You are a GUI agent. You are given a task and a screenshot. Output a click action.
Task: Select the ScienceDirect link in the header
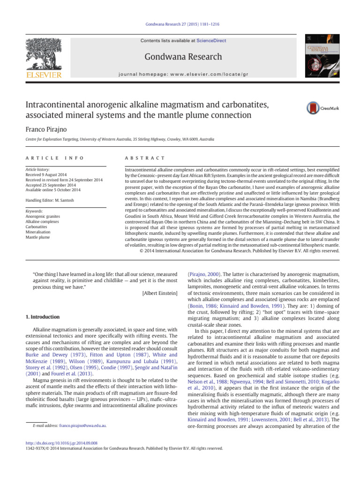pyautogui.click(x=211, y=41)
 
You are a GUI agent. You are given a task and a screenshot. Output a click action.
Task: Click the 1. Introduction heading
pyautogui.click(x=42, y=316)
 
